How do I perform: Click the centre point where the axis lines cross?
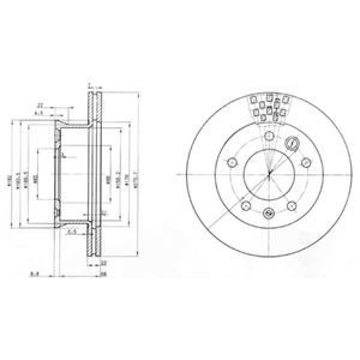269,175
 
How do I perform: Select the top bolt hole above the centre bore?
269,137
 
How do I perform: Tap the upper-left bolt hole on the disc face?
232,162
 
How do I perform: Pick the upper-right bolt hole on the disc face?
305,162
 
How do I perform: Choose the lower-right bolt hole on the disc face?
292,206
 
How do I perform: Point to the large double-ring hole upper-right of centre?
293,145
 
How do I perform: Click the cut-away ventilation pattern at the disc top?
269,108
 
